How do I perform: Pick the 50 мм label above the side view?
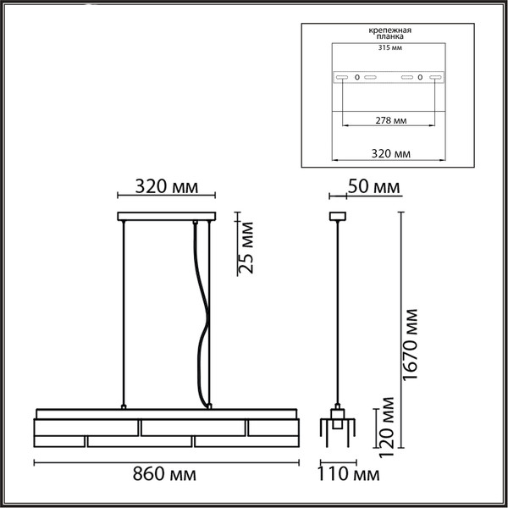pos(373,186)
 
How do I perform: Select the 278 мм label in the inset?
pos(390,121)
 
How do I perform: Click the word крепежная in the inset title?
pos(390,30)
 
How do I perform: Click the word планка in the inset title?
pos(390,37)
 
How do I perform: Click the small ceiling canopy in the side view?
pos(338,215)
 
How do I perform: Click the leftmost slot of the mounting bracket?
pos(342,77)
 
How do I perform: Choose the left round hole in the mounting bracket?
pos(356,77)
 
